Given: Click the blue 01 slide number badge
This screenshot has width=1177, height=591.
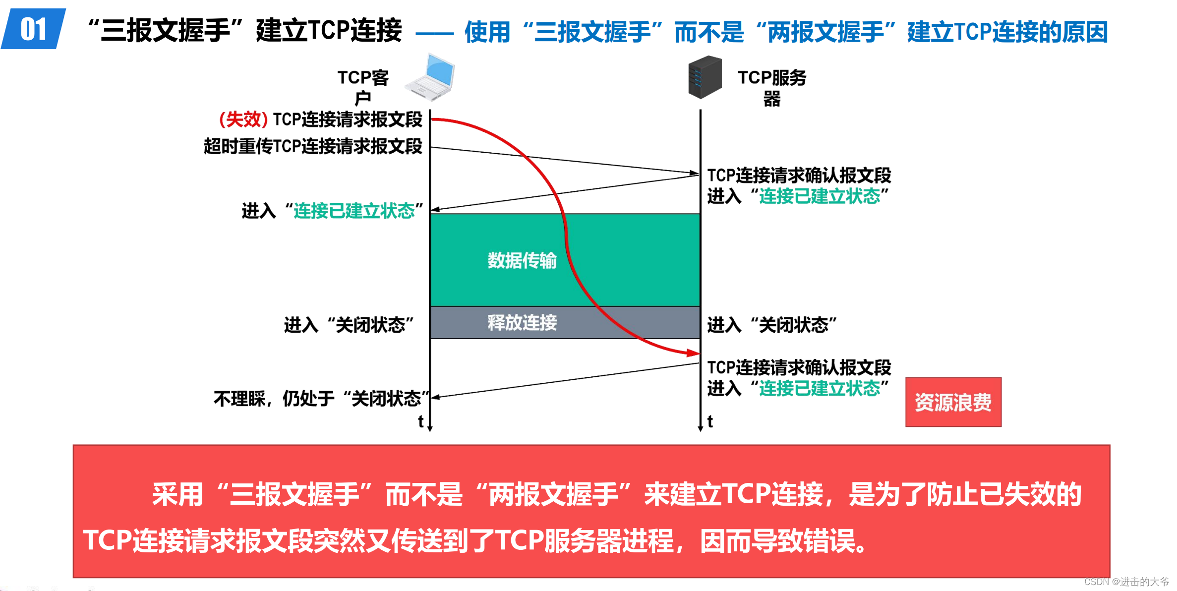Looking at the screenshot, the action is click(34, 29).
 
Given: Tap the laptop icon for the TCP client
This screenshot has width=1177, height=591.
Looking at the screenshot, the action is click(430, 77).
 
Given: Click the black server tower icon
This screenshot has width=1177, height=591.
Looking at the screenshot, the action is click(705, 77).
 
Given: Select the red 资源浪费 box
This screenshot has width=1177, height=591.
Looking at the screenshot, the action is click(953, 402).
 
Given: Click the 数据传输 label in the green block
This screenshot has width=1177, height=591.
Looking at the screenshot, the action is click(522, 260).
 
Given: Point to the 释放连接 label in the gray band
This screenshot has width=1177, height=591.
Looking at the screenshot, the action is click(522, 323).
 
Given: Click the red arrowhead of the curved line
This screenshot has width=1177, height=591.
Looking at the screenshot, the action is click(694, 353).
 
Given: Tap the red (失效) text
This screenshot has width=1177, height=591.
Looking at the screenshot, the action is click(243, 119).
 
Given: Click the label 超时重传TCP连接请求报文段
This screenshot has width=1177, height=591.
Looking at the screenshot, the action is click(313, 146).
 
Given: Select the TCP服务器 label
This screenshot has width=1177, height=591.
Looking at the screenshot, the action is click(771, 87).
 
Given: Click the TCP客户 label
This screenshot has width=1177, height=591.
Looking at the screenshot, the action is click(363, 86).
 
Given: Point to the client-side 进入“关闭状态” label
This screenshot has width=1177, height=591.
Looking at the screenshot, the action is click(349, 325).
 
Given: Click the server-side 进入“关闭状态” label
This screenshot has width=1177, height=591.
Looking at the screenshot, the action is click(771, 325).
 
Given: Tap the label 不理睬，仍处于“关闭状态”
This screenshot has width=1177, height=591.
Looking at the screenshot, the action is click(321, 398).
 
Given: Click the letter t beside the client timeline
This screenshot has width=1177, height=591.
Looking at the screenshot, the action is click(420, 421).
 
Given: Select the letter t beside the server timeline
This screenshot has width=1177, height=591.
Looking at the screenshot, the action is click(710, 421).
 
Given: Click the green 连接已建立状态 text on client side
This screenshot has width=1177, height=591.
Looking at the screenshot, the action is click(354, 211).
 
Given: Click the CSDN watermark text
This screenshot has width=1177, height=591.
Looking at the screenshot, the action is click(1126, 582).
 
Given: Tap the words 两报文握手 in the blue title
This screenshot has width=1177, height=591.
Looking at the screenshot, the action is click(826, 32).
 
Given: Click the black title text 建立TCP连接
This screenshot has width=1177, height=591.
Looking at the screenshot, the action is click(329, 31).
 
